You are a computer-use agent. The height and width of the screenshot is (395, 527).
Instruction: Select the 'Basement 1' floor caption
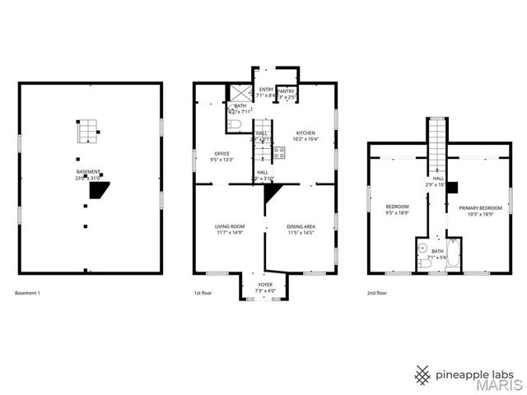[x=28, y=293]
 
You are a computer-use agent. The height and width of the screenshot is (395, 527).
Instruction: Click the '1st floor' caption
[x=203, y=293]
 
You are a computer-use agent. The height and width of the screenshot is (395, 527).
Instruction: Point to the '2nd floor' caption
[x=377, y=293]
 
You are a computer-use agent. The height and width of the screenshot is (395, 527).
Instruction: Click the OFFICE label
[x=222, y=154]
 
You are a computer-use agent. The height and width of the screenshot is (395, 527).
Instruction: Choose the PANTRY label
[x=286, y=92]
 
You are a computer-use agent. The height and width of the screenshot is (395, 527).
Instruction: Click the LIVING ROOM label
[x=230, y=226]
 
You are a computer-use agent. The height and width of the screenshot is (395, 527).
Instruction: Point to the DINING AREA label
[x=300, y=226]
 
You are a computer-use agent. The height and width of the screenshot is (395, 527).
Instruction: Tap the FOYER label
[x=265, y=285]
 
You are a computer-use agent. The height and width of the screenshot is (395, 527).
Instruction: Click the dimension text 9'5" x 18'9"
[x=398, y=213]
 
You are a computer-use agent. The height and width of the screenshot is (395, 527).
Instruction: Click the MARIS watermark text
[x=496, y=384]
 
